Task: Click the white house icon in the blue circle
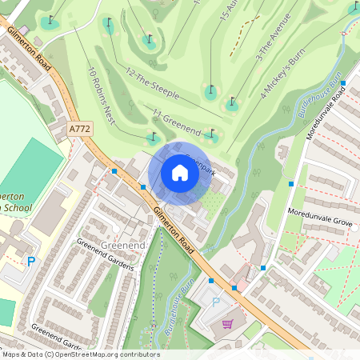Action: point(180,173)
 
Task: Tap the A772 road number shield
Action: point(80,127)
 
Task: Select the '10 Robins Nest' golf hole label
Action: point(103,89)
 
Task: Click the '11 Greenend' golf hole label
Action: point(177,120)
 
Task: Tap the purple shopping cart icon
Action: point(228,324)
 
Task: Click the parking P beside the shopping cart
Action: point(215,302)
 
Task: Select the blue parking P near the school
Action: point(31,261)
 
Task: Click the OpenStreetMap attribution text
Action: point(80,354)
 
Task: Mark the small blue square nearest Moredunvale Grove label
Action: point(290,184)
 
